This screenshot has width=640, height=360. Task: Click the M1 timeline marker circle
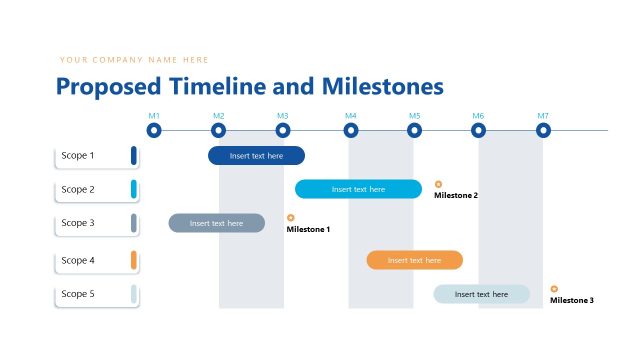click(x=154, y=130)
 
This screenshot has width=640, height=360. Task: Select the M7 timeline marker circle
click(x=543, y=130)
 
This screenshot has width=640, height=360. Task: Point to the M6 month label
click(x=478, y=116)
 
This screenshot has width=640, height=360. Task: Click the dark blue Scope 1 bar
click(x=256, y=156)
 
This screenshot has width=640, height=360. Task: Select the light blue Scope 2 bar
click(x=358, y=189)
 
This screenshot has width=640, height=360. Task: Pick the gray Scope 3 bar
click(x=216, y=223)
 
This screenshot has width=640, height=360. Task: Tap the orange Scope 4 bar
click(x=414, y=260)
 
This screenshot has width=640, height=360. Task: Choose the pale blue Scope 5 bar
click(x=481, y=294)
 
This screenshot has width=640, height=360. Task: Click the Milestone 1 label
click(x=308, y=230)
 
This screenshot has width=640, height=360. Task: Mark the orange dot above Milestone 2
click(x=438, y=184)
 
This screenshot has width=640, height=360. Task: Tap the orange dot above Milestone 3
click(x=554, y=289)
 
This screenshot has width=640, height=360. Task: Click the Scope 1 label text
click(x=78, y=156)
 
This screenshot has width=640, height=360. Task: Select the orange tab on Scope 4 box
click(x=133, y=260)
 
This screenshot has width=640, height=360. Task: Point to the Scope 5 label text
click(x=78, y=294)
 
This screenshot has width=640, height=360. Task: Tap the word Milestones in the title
click(x=383, y=87)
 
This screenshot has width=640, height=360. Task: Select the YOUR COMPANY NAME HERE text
click(x=134, y=60)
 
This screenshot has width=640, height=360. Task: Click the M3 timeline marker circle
click(x=283, y=130)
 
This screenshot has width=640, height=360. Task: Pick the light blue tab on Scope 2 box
click(x=133, y=189)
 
